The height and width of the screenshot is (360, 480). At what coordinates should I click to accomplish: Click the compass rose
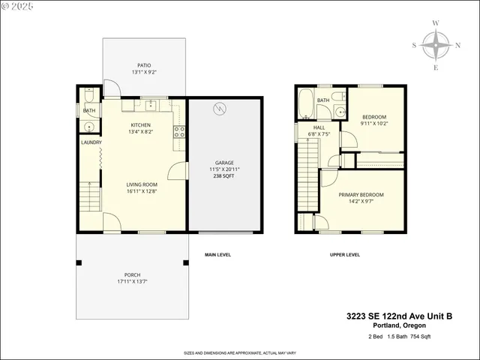pos(436,46)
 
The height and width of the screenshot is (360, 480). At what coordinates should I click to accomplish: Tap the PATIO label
pos(144,64)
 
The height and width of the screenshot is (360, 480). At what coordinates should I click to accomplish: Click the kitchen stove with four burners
pos(179,133)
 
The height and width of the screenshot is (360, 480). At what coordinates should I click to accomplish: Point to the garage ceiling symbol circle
pos(219,109)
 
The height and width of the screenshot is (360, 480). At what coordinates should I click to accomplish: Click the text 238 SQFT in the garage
pos(225,177)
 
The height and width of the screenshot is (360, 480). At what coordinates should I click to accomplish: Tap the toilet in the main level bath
pos(88,96)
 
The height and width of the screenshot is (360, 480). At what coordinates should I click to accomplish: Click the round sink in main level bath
pos(88,127)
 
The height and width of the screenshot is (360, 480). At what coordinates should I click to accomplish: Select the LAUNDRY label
pos(91,142)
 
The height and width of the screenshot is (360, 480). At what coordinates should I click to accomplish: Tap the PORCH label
pos(133,274)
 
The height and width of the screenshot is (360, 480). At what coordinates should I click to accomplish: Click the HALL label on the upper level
pos(319,128)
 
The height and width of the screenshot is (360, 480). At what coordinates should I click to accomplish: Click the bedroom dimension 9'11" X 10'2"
pos(374,124)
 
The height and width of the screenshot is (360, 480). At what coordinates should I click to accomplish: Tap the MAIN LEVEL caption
pos(217,255)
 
